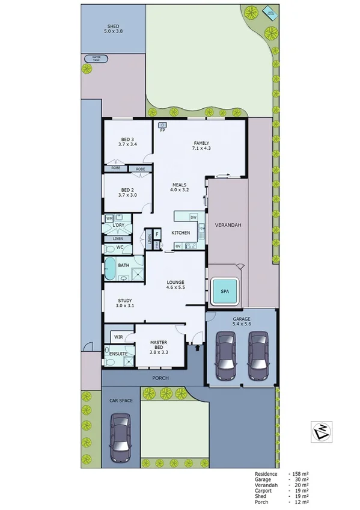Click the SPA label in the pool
coord(225,291)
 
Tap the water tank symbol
coord(96,59)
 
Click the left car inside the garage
coord(226,356)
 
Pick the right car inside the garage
coord(258,356)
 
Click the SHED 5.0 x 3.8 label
coord(113,29)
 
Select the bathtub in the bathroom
coord(111,269)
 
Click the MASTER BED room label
coord(159,346)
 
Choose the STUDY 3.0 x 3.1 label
coord(125,304)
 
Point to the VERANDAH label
coord(228,225)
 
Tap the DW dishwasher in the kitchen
coord(194,217)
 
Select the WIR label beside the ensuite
coord(118,337)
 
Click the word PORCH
coord(160,378)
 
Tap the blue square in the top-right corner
coord(267,10)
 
